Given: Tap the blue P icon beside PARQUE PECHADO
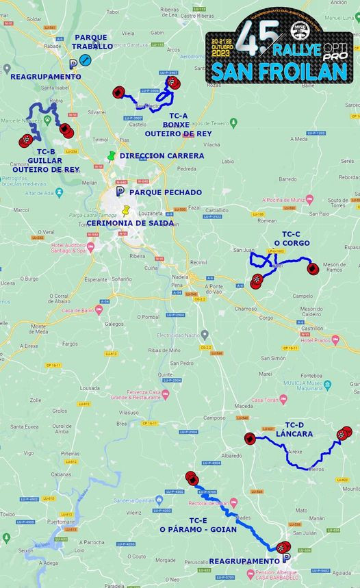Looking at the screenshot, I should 120,192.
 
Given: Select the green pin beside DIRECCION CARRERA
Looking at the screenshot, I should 112,156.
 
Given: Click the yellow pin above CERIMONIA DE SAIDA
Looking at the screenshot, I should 126,211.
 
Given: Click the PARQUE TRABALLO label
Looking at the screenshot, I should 94,42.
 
